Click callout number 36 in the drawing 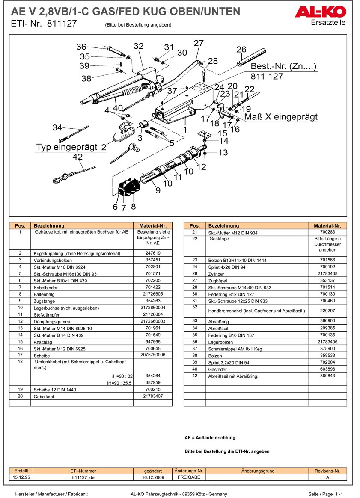click(81, 47)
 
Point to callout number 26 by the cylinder click(241, 50)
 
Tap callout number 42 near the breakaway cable click(77, 157)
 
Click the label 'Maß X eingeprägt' click(281, 117)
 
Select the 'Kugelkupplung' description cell click(77, 253)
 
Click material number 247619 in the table click(153, 253)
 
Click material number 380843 click(327, 376)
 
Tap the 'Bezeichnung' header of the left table click(49, 225)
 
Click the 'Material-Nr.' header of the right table click(327, 225)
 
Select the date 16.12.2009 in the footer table click(153, 477)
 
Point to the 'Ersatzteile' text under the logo click(328, 22)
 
